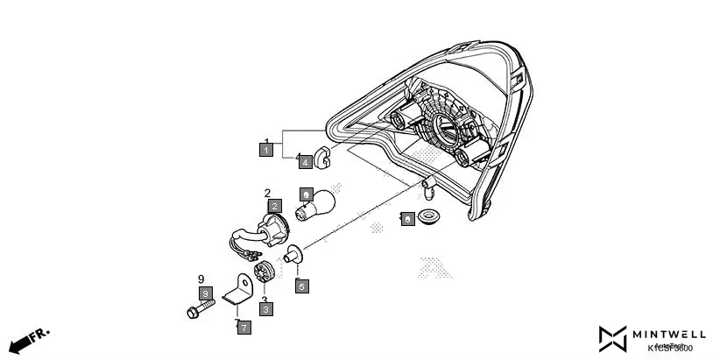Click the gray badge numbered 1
(265, 151)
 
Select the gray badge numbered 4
(304, 162)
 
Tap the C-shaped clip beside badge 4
(321, 157)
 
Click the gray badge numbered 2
(274, 206)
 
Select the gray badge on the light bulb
(306, 193)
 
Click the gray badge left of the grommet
(407, 220)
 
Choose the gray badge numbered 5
(301, 286)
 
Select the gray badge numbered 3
(265, 308)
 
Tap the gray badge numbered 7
(244, 328)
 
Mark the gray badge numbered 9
(205, 293)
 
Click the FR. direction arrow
(28, 339)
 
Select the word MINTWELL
(671, 334)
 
